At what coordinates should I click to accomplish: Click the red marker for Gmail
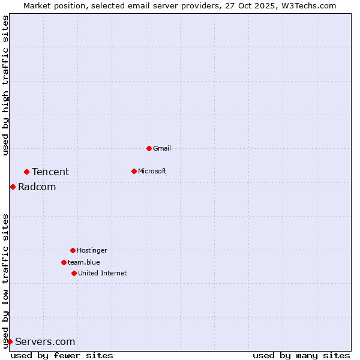click(149, 148)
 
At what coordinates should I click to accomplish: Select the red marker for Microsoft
click(134, 171)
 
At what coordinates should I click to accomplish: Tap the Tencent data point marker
click(26, 172)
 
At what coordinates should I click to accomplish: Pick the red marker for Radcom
click(13, 187)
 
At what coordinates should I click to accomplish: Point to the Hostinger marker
click(73, 250)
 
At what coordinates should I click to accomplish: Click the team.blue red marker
click(64, 262)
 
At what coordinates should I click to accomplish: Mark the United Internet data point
click(74, 273)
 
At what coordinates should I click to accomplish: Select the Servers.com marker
click(10, 341)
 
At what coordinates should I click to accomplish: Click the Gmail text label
click(162, 148)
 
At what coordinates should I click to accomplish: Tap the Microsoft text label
click(152, 171)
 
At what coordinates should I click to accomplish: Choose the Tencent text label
click(50, 172)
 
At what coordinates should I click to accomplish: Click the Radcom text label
click(37, 187)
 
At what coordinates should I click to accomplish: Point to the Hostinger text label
click(92, 250)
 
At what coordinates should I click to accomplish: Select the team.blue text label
click(84, 262)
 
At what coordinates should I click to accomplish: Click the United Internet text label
click(103, 273)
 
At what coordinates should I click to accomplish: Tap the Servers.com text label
click(46, 342)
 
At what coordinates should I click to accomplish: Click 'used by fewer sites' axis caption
click(62, 355)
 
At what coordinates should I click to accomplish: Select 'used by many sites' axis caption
click(301, 355)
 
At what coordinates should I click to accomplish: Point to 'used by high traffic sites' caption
click(6, 85)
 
